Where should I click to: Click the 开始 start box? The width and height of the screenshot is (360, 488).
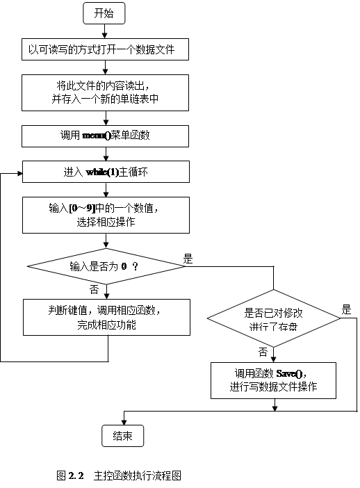(104, 13)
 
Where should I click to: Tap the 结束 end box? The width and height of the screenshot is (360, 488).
(122, 436)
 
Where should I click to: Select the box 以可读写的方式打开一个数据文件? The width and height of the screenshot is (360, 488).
(105, 49)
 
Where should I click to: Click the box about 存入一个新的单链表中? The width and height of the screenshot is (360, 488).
(105, 92)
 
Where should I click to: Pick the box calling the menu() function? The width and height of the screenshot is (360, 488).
(105, 136)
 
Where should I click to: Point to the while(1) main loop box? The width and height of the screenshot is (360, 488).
(106, 172)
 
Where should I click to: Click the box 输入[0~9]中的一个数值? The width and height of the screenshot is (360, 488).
(106, 215)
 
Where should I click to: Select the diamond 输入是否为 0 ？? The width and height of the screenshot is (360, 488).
(106, 266)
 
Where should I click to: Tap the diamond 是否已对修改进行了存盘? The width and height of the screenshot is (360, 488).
(274, 318)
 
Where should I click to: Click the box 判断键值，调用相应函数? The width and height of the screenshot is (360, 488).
(106, 317)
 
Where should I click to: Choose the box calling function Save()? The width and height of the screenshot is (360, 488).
(274, 380)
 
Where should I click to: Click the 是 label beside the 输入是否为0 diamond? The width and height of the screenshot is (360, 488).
(188, 259)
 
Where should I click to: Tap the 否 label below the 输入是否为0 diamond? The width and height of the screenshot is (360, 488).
(95, 289)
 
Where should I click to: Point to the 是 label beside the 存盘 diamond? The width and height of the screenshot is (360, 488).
(346, 310)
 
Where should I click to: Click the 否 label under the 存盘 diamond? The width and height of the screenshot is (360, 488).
(263, 352)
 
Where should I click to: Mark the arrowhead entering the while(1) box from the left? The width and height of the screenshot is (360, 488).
(20, 173)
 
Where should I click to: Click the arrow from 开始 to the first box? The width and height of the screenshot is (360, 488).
(105, 31)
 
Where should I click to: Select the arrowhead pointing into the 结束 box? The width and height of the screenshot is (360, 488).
(124, 423)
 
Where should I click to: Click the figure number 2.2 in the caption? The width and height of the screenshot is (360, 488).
(76, 475)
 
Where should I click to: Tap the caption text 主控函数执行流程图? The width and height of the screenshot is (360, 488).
(137, 475)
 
